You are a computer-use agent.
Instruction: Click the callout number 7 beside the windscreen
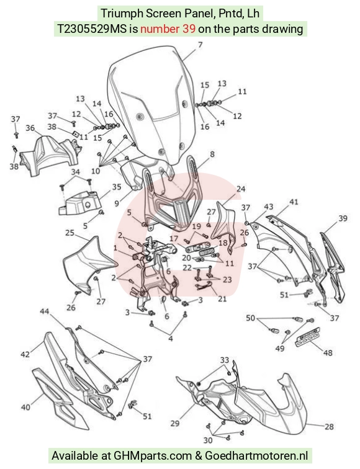[x=200, y=45]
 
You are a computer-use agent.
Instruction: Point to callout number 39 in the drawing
[x=343, y=218]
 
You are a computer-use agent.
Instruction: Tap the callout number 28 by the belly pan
[x=329, y=426]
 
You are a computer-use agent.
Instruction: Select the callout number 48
[x=328, y=353]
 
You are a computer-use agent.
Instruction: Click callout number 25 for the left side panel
[x=70, y=233]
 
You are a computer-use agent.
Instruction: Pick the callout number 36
[x=30, y=128]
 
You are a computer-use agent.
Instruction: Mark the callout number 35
[x=117, y=187]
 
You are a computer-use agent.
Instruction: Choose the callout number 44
[x=45, y=311]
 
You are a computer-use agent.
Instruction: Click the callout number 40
[x=25, y=407]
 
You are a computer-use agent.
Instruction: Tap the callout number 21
[x=222, y=298]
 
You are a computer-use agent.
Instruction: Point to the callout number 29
[x=175, y=423]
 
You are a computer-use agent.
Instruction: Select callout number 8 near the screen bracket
[x=212, y=154]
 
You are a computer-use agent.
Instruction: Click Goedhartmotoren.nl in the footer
[x=256, y=456]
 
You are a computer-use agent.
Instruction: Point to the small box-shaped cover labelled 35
[x=78, y=203]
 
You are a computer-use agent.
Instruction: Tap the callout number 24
[x=241, y=189]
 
